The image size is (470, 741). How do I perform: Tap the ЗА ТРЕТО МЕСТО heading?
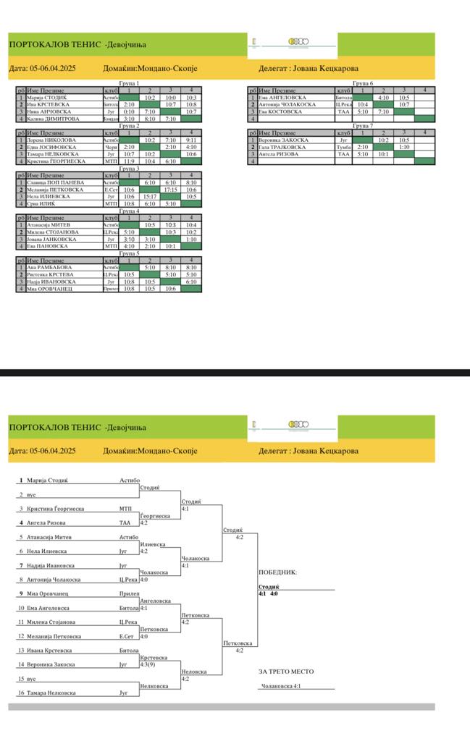coord(286,672)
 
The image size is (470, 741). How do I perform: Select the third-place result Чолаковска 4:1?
coord(280,686)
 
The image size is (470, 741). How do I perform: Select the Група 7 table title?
coord(363,126)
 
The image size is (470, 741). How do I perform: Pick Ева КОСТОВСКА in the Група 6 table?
coord(282,111)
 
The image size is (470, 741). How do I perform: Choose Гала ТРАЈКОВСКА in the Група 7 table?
coord(284,147)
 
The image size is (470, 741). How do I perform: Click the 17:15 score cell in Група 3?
coord(171,190)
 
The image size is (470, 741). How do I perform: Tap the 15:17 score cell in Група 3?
coord(150,197)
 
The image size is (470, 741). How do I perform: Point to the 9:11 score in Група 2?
coord(191,140)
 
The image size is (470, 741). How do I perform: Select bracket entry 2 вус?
coord(27,495)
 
